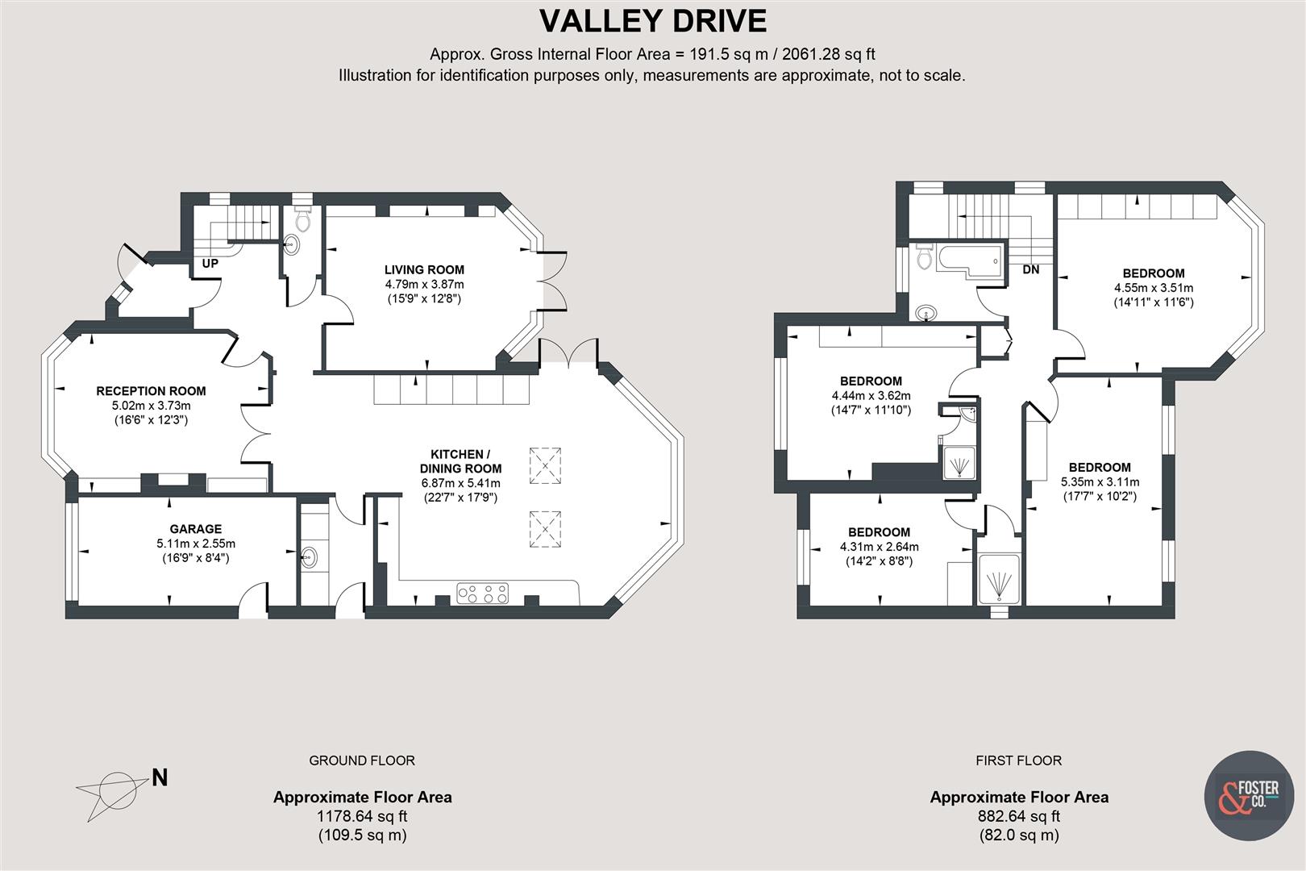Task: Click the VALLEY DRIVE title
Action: [652, 21]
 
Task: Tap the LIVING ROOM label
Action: [424, 270]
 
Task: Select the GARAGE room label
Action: [196, 530]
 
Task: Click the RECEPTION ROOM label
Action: [152, 391]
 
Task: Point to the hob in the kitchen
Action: [483, 594]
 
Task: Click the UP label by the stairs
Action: [210, 264]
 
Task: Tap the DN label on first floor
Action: [1030, 270]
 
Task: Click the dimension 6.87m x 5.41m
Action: [460, 483]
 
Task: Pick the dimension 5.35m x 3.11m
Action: [1100, 482]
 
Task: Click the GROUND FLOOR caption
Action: [362, 761]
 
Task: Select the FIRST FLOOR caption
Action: [1018, 761]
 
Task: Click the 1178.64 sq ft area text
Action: [362, 816]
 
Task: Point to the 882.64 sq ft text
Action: [1019, 816]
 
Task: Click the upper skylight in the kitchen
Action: [545, 465]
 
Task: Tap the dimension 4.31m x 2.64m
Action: [879, 547]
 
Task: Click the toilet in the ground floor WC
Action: [303, 219]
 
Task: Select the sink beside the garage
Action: [309, 556]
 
